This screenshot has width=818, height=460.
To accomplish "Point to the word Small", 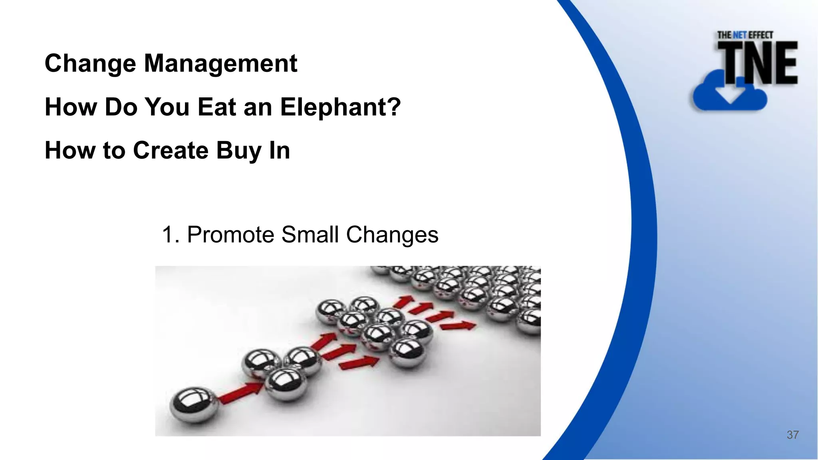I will coord(310,234).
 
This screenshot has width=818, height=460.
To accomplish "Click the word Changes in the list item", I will coord(392,234).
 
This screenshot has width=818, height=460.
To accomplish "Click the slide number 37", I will coord(792,435).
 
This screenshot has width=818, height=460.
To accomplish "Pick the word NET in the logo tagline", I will coord(740,35).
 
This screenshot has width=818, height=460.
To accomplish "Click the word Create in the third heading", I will coord(171,151).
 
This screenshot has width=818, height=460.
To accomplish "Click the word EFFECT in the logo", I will coord(760,35).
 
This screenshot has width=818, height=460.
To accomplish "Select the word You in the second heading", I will coord(167,107).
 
